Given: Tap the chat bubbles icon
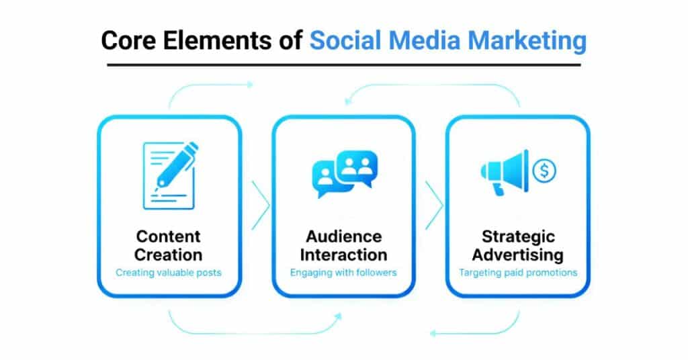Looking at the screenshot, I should click(345, 173).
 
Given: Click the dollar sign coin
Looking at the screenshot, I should click(544, 171).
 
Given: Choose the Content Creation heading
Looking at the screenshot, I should click(169, 245).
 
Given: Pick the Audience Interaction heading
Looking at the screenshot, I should click(343, 245).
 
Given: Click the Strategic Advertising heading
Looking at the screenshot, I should click(517, 245).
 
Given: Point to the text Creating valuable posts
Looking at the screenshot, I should click(169, 273).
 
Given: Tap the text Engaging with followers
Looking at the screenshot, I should click(343, 273).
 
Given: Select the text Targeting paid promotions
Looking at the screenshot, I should click(517, 273).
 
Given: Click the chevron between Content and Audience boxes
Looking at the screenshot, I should click(260, 205).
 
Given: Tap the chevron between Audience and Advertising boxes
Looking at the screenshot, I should click(434, 205).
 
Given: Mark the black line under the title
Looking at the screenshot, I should click(343, 65).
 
